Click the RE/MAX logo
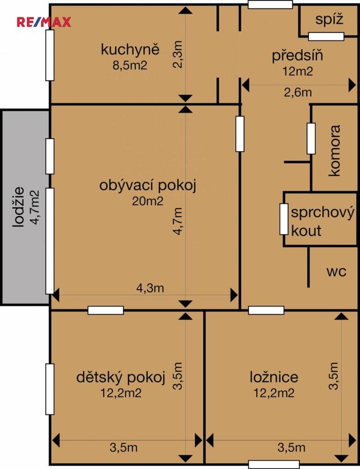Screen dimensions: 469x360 44,22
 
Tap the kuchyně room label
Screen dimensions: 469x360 130,50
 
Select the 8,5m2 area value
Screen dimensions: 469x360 130,65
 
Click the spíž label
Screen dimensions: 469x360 329,20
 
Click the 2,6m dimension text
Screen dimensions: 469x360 298,93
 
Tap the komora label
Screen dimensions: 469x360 335,150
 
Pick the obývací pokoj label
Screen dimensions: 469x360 148,186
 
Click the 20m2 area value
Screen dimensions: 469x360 147,201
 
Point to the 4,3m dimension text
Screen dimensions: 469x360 150,288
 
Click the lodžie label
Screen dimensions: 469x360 19,207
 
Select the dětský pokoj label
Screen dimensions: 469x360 121,377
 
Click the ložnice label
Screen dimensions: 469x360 274,377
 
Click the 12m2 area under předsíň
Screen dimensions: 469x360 297,71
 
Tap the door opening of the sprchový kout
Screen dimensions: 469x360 284,219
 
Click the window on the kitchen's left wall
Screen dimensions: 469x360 50,55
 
